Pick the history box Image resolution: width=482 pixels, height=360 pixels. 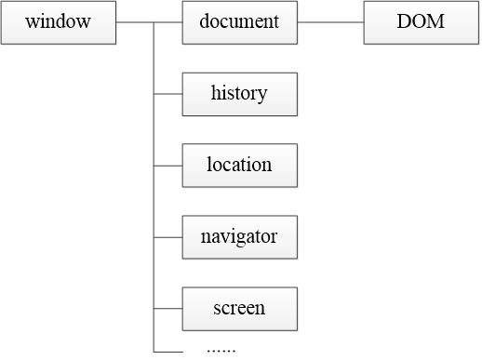[x=240, y=95]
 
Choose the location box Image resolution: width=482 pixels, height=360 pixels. [x=240, y=167]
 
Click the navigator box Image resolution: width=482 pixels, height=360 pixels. [x=240, y=238]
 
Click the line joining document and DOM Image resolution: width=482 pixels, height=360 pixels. [x=330, y=22]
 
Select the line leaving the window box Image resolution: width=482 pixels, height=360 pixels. [x=135, y=22]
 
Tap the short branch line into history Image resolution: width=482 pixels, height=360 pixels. [x=167, y=94]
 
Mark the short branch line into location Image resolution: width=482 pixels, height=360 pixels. [x=167, y=166]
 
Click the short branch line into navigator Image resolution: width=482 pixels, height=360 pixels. [x=167, y=237]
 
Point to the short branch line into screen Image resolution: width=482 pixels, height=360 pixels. [x=167, y=309]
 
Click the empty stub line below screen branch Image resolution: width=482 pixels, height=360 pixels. [x=168, y=352]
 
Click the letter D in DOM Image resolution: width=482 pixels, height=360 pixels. [x=404, y=21]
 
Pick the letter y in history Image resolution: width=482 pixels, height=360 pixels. [x=262, y=96]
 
